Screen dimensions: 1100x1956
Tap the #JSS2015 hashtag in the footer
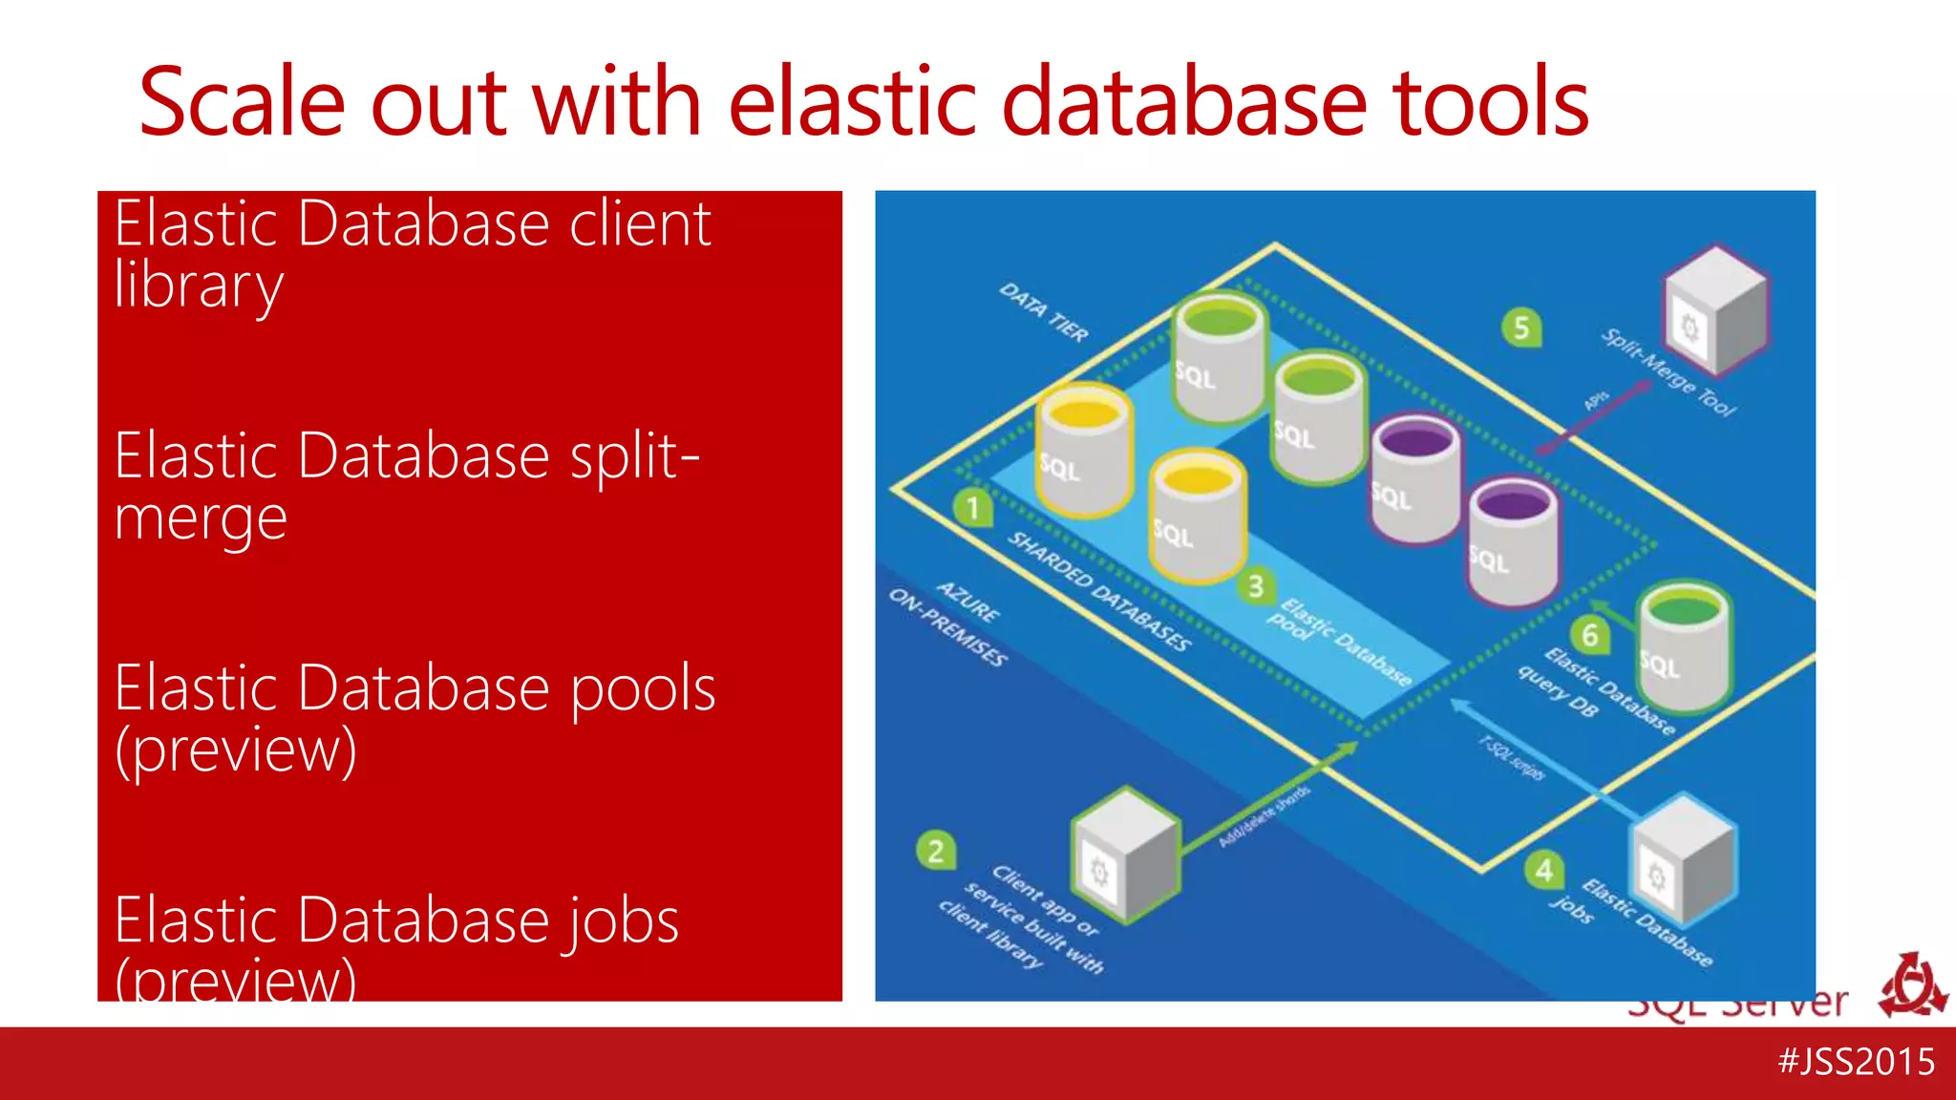point(1857,1061)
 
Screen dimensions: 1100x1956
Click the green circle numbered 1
point(973,507)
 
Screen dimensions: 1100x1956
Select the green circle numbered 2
point(936,851)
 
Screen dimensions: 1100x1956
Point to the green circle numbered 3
point(1256,585)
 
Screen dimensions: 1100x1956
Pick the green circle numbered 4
point(1544,870)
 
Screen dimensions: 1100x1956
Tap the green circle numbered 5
point(1521,328)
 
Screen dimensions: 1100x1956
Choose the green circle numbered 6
point(1590,635)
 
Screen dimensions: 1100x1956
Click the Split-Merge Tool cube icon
point(1716,310)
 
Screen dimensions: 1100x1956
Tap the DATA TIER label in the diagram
point(1044,312)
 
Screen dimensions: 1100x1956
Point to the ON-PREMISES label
point(947,627)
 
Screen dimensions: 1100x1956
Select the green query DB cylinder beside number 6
point(1684,649)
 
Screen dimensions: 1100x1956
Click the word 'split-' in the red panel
point(634,456)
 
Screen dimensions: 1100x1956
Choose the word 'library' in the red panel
point(199,286)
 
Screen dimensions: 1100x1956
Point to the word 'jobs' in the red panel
point(620,921)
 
